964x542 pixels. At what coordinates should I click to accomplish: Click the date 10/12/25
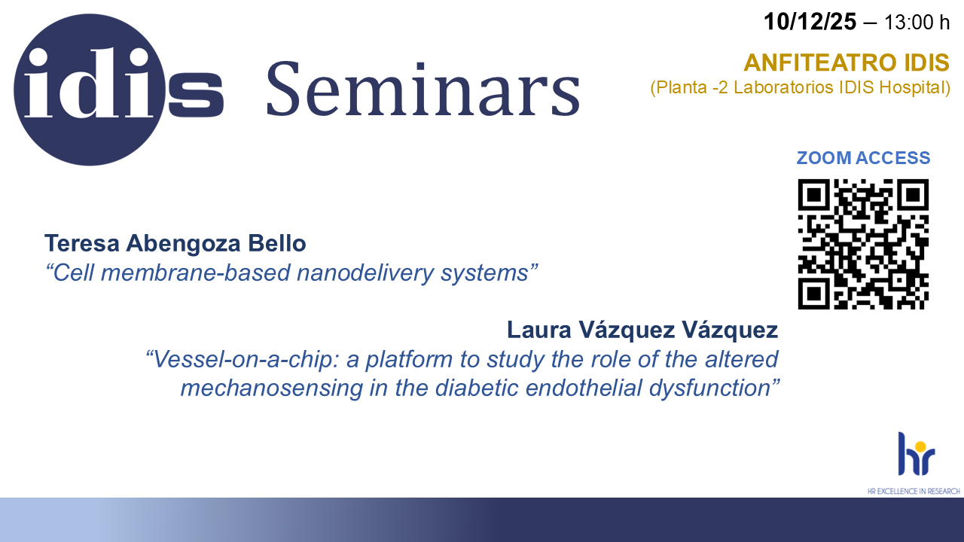point(810,22)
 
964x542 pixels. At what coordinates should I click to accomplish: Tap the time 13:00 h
point(917,23)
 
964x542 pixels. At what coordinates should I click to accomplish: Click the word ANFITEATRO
point(821,62)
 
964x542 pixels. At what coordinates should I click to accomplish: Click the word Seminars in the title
point(423,89)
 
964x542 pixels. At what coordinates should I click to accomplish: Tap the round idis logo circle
point(90,90)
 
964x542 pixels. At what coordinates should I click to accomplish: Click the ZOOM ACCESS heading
point(863,158)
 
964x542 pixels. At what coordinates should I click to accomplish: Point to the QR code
point(863,244)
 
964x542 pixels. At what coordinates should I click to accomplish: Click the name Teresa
point(82,243)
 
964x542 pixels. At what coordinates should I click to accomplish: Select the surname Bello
point(276,243)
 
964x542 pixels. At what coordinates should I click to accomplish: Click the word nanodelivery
point(365,273)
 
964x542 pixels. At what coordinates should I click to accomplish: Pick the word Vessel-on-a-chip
point(243,359)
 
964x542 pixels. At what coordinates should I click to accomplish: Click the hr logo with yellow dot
point(917,454)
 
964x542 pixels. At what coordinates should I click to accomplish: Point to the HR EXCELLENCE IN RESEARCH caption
point(914,492)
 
